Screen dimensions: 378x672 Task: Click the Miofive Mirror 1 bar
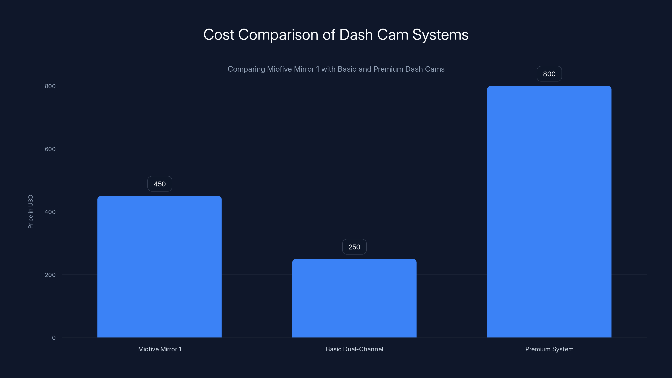[159, 267]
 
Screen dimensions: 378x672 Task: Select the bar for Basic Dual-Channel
[354, 298]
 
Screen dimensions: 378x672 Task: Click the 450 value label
[160, 184]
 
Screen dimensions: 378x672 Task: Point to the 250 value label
[354, 247]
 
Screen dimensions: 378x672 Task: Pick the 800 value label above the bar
[549, 74]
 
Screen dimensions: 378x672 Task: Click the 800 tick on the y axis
[50, 86]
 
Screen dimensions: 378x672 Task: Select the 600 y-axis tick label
[50, 149]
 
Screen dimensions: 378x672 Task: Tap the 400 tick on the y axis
[50, 212]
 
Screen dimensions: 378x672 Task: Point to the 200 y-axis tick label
[50, 275]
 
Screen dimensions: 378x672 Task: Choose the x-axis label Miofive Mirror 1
[160, 349]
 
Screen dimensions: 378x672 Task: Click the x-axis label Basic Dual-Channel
[354, 349]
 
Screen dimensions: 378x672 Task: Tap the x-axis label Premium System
[549, 349]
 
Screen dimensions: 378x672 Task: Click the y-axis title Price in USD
[30, 211]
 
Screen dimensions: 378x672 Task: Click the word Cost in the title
[219, 35]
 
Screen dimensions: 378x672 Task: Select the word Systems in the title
[440, 35]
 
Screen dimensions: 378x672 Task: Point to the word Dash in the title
[356, 35]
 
